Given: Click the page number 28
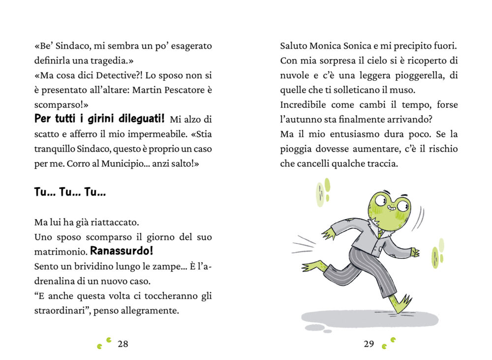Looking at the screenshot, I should point(123,344).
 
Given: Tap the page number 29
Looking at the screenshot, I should point(369,344).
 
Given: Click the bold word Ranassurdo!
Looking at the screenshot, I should point(122,251).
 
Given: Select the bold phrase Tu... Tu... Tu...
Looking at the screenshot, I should point(70,193).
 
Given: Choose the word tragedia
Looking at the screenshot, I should point(110,61).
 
